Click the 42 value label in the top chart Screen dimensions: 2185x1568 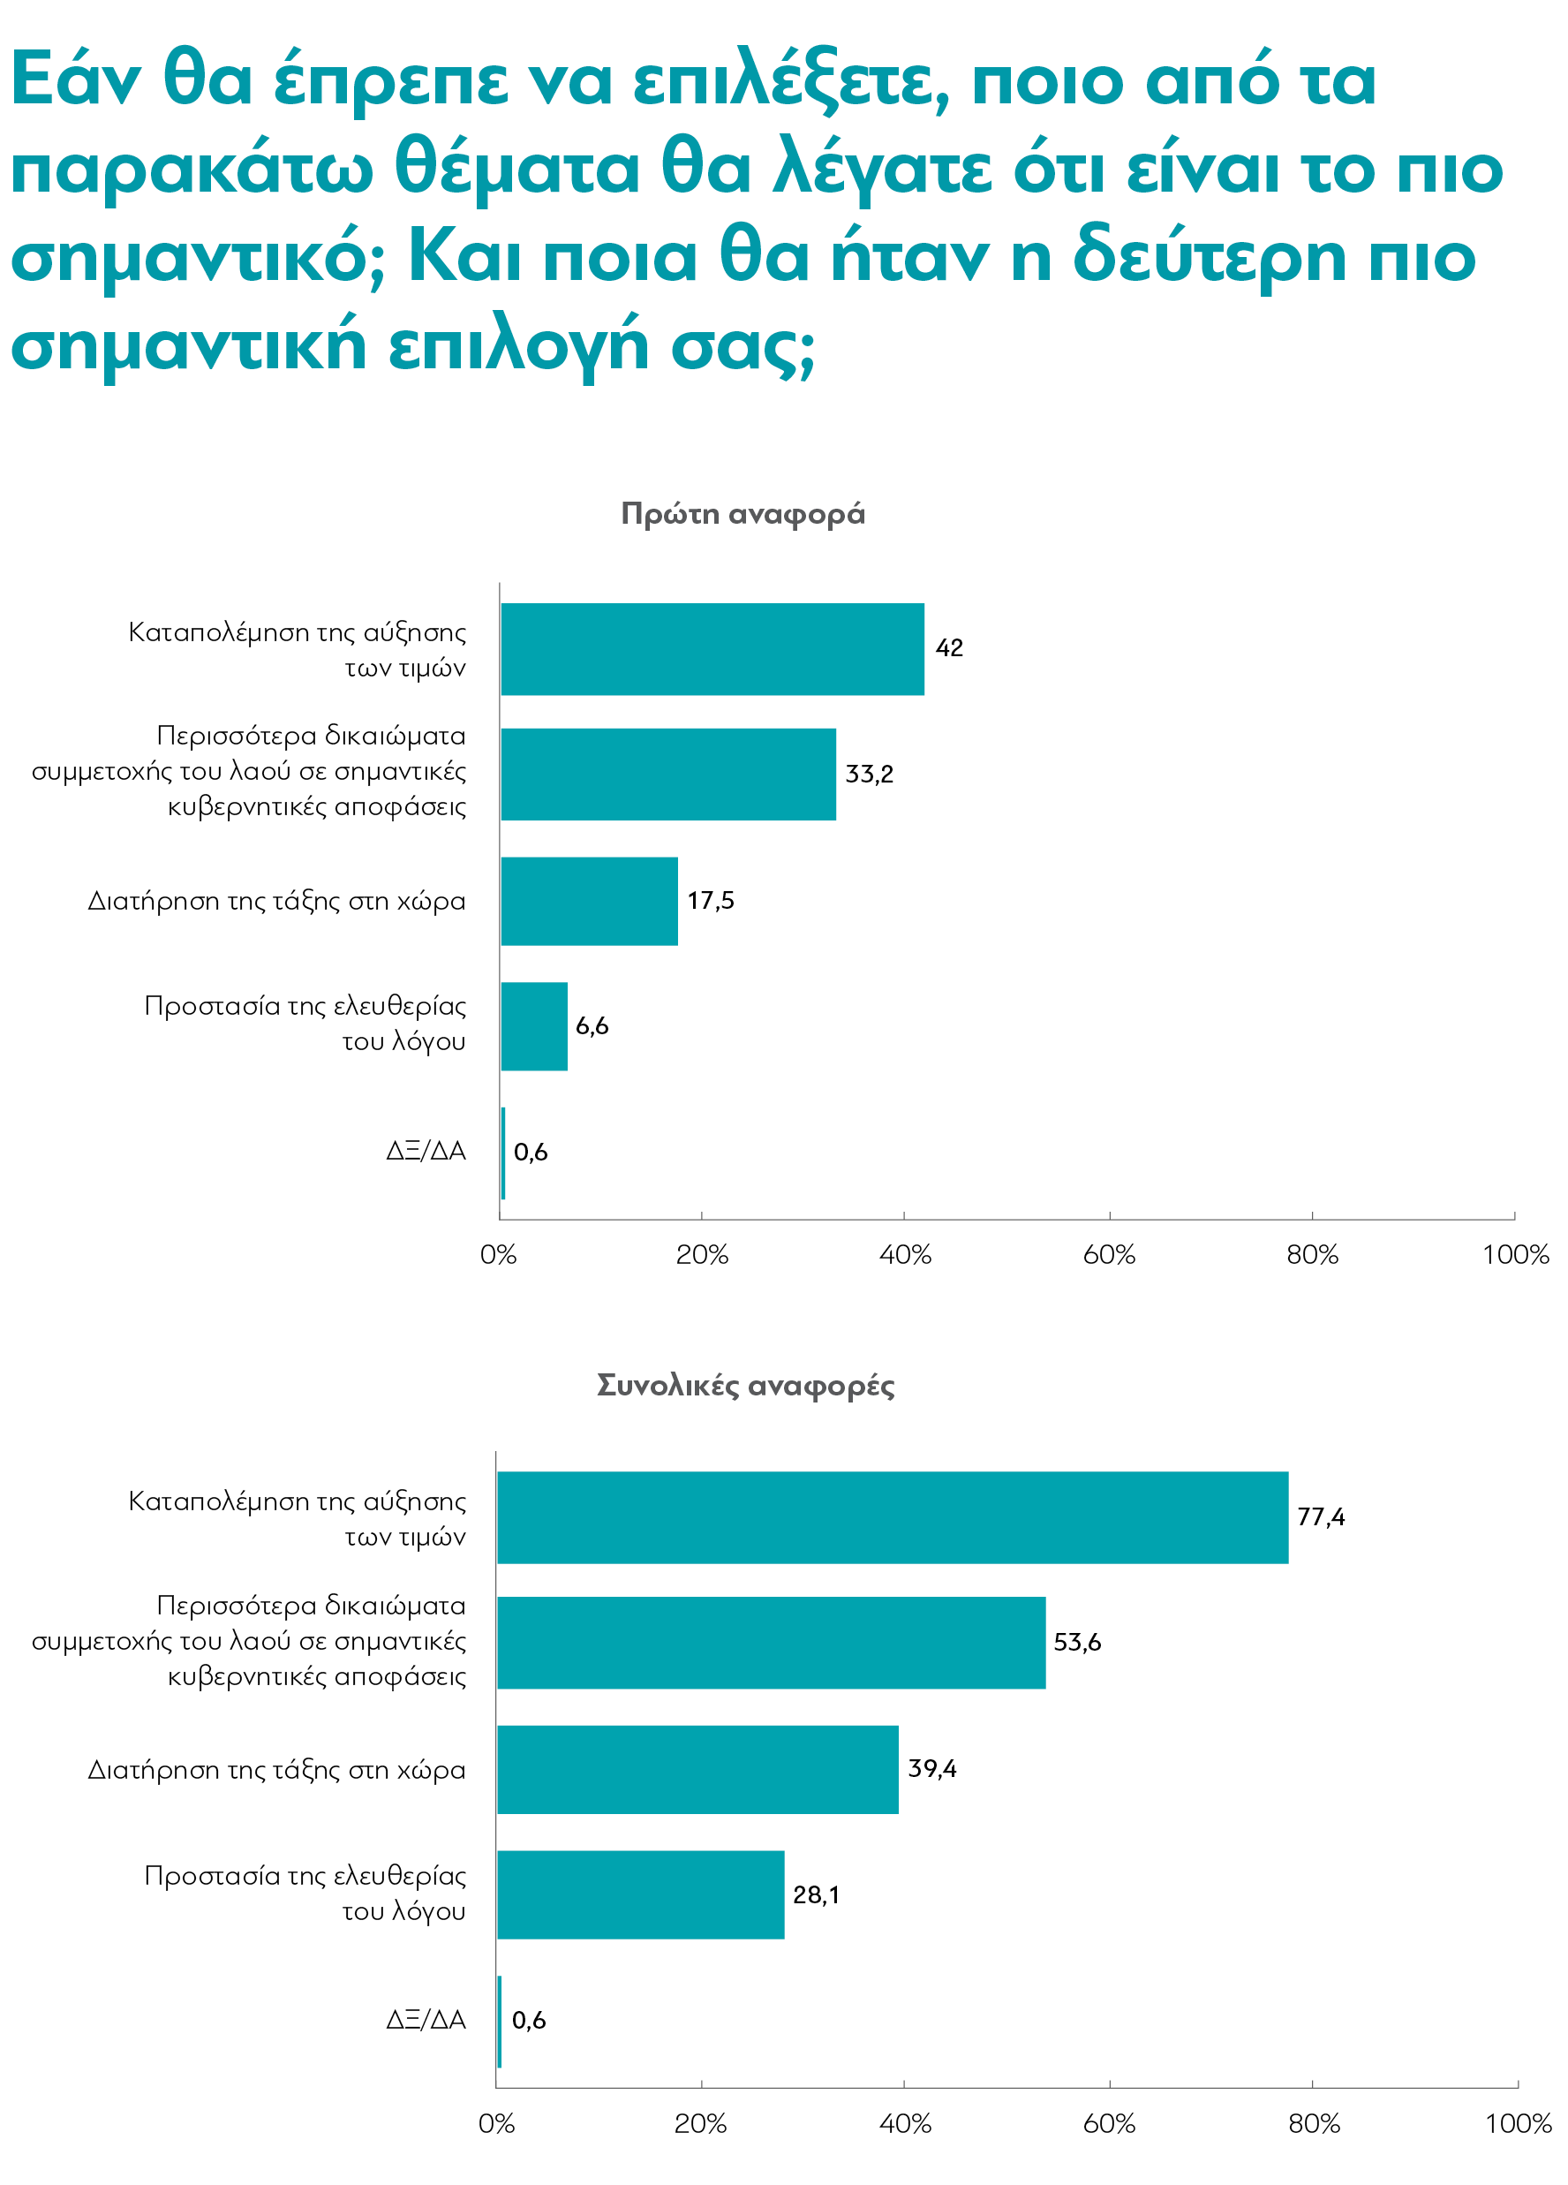pos(949,647)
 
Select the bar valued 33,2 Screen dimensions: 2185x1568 pos(667,774)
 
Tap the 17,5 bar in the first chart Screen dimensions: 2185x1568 pos(589,901)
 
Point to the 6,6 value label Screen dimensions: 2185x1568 pos(592,1026)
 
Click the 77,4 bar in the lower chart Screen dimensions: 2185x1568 pos(892,1516)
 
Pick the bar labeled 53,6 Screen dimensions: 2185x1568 pos(771,1642)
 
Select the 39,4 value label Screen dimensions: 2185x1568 pos(931,1768)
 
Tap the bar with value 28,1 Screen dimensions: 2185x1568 pos(640,1894)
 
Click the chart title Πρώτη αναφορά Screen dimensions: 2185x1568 pos(743,513)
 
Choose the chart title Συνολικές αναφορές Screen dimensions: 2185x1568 pos(745,1385)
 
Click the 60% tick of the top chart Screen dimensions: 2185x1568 pos(1109,1254)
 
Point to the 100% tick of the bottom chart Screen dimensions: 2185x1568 pos(1518,2123)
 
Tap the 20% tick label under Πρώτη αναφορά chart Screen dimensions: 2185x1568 pos(701,1254)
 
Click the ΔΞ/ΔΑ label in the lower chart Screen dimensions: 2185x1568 pos(426,2019)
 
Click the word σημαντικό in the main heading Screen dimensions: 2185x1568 pos(198,258)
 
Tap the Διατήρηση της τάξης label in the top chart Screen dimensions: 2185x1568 pos(276,901)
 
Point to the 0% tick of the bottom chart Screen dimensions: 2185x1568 pos(497,2123)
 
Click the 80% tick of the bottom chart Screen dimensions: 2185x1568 pos(1314,2123)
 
